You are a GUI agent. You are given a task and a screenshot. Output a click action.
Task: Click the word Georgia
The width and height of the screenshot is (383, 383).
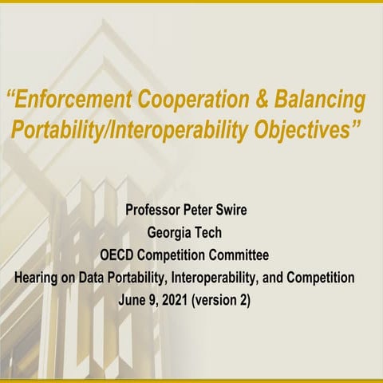click(x=176, y=235)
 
